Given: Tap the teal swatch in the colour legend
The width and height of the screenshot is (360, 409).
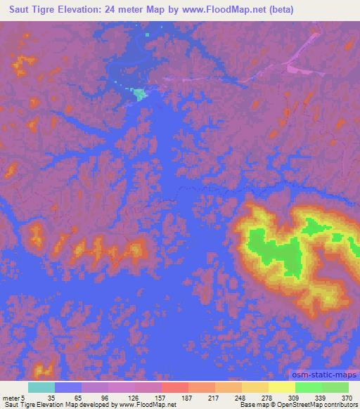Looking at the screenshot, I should tap(41, 387).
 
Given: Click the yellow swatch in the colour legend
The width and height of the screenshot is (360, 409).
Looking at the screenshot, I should tap(281, 387).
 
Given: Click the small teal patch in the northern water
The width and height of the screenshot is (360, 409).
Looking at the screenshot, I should tap(139, 93).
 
